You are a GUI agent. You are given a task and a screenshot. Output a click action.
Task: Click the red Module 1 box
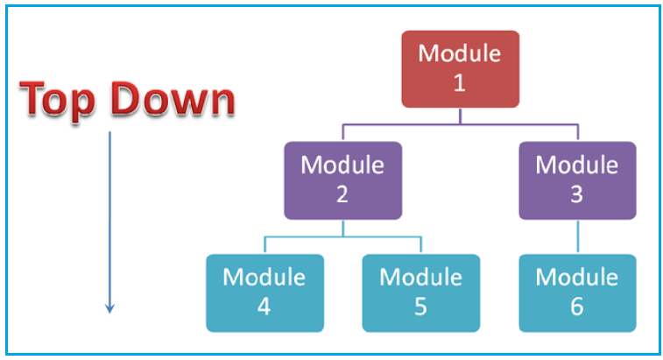coord(460,69)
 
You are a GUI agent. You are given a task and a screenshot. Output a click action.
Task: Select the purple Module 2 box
coord(343,180)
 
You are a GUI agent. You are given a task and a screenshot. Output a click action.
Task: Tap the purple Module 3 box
coord(577,180)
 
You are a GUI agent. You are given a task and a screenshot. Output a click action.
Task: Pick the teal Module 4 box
coord(265,293)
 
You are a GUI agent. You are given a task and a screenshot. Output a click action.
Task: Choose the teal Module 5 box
coord(421,293)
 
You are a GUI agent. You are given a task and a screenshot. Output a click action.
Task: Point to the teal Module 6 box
coord(577,293)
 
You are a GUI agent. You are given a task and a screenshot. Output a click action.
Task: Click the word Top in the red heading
coord(57,101)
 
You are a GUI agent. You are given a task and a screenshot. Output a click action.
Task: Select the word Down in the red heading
coord(173,99)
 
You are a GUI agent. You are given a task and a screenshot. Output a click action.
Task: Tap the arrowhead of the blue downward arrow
coord(110,308)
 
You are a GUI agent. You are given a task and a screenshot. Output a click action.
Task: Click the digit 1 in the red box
coord(460,82)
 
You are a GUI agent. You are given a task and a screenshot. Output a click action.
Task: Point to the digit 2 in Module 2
coord(342,194)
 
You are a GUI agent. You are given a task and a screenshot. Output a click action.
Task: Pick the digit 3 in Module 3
coord(577,194)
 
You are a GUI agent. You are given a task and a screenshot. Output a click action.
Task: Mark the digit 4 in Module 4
coord(264,307)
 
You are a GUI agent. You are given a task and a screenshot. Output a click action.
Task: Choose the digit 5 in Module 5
coord(420,307)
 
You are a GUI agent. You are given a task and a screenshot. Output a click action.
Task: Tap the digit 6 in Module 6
coord(577,307)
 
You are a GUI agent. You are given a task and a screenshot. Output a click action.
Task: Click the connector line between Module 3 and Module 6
coord(578,236)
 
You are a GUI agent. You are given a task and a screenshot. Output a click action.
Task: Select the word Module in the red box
coord(460,53)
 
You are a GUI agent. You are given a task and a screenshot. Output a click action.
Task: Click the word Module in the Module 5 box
coord(420,277)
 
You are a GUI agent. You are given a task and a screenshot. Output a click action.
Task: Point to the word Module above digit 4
coord(264,277)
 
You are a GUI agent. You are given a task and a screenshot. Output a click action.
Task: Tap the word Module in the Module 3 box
coord(577,165)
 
